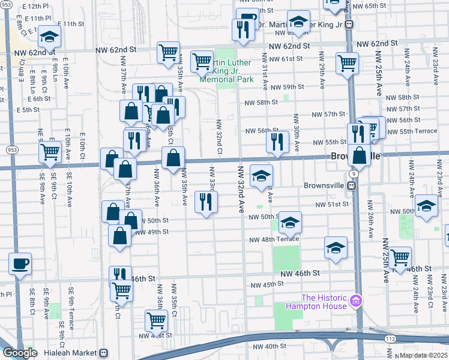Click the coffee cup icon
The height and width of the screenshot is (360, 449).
tap(20, 264)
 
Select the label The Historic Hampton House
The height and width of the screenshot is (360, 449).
tap(324, 302)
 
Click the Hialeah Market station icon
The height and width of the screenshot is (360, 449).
tap(104, 353)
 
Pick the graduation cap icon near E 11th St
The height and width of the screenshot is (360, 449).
tap(49, 37)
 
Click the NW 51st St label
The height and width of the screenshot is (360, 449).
tap(333, 205)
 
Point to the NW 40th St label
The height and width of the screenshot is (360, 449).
tap(269, 347)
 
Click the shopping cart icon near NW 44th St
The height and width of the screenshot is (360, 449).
tap(156, 321)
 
